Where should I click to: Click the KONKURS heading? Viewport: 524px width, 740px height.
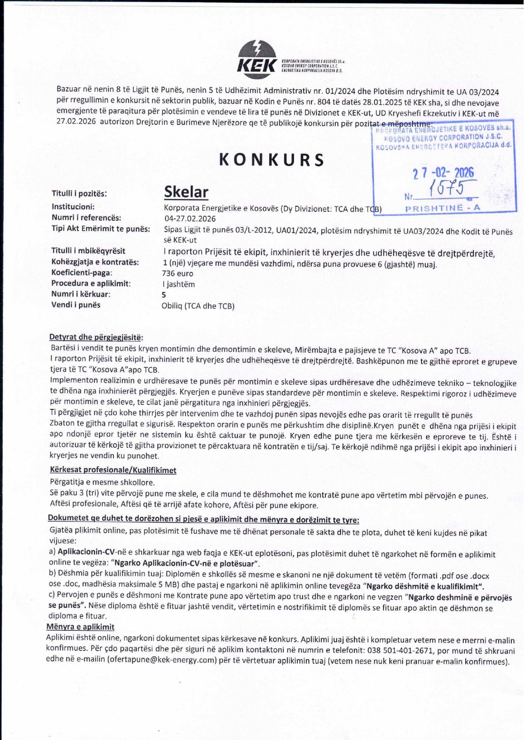[272, 160]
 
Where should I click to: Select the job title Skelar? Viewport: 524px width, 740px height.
[186, 192]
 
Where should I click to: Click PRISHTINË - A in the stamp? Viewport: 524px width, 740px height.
[443, 208]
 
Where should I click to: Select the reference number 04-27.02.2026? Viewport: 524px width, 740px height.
[190, 219]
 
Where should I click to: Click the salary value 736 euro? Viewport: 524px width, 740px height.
[177, 274]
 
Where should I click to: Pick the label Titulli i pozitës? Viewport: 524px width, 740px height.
[79, 194]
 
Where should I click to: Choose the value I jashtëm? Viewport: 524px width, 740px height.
[178, 284]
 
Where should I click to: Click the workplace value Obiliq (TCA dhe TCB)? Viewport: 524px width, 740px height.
[198, 306]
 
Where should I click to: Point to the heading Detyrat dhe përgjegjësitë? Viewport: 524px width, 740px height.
[96, 337]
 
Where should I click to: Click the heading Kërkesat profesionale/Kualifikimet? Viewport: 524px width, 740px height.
[113, 470]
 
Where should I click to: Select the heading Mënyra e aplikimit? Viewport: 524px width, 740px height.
[80, 627]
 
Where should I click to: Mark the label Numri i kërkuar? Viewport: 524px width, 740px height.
[81, 294]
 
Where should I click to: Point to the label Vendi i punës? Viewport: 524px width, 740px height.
[76, 305]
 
